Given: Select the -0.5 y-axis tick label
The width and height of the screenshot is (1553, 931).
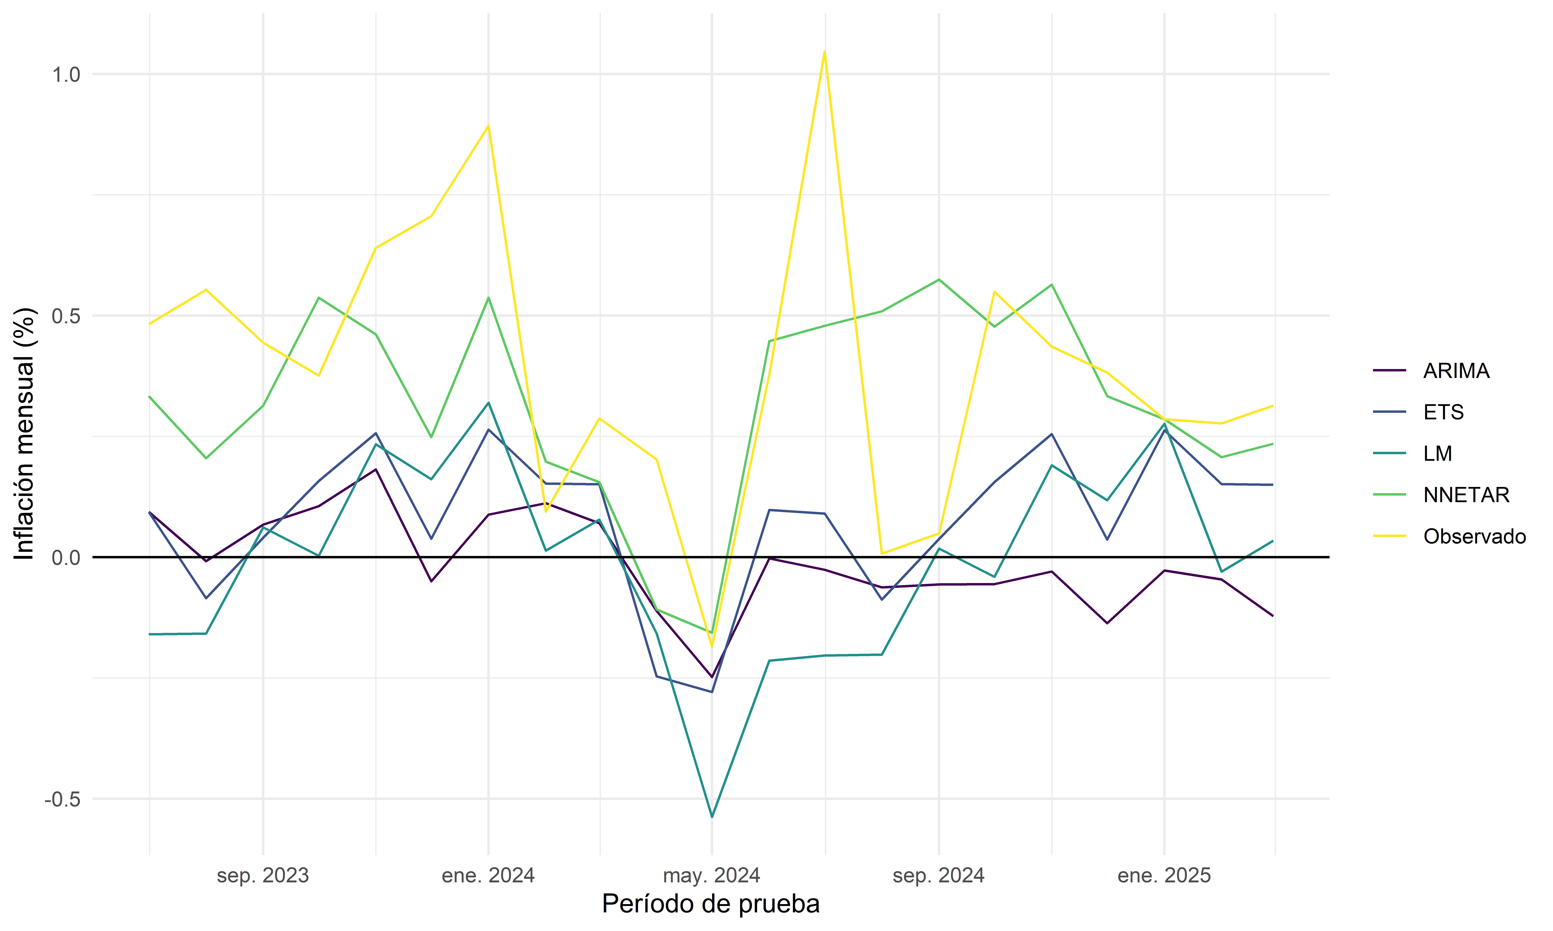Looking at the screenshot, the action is [63, 799].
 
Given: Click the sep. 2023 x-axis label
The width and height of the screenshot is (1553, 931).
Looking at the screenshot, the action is [263, 876].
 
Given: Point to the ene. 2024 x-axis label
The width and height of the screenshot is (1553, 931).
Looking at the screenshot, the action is [488, 876].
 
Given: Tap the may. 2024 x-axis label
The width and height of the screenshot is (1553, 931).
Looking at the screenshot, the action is [712, 876].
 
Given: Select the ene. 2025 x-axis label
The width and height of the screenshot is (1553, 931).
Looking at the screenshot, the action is [1164, 876].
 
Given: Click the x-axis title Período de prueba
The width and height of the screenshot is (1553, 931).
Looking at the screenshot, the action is [711, 904].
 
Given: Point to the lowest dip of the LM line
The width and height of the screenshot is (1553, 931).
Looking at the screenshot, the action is [712, 817].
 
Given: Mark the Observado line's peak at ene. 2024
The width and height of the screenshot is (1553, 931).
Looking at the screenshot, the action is [488, 126].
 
